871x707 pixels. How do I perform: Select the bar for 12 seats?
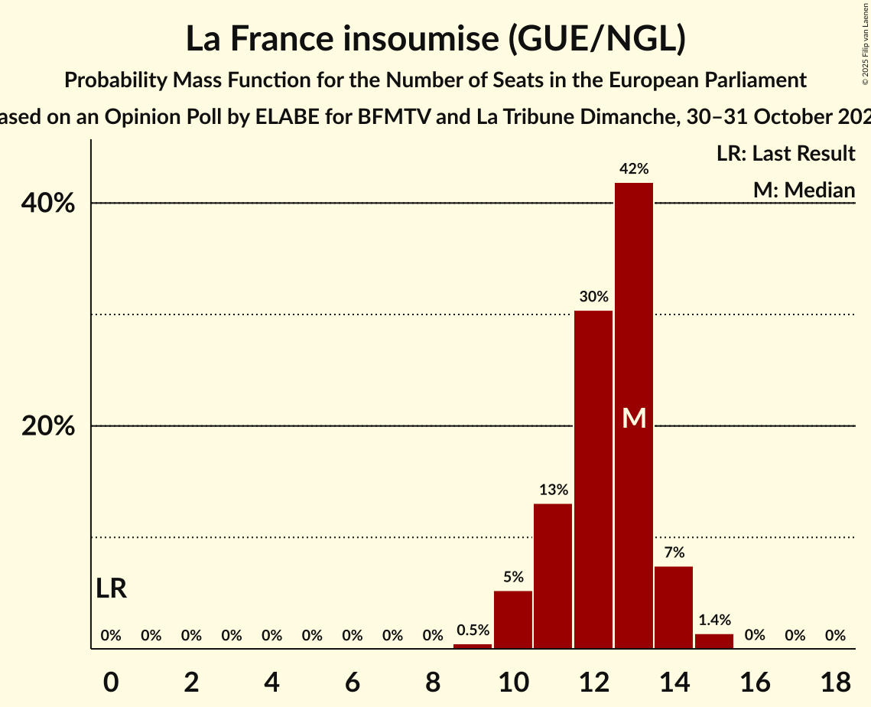[593, 479]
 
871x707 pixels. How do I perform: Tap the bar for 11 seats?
[553, 575]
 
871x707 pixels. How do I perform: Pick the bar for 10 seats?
[513, 619]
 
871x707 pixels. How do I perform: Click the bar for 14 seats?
[674, 607]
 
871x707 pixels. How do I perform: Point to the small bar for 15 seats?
[714, 641]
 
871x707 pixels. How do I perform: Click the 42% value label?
[634, 169]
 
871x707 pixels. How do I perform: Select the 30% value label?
[593, 297]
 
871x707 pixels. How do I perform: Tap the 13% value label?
[553, 490]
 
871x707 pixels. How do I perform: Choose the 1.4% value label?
[714, 621]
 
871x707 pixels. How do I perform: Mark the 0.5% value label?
[473, 630]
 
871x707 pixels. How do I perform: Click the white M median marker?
[634, 418]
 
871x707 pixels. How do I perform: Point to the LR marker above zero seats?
[112, 588]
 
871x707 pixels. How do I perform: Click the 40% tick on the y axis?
[48, 204]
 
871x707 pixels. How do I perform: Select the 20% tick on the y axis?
[48, 426]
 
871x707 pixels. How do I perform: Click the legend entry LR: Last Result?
[785, 154]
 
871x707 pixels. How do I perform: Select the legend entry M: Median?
[804, 190]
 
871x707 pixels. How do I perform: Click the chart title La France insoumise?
[435, 40]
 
